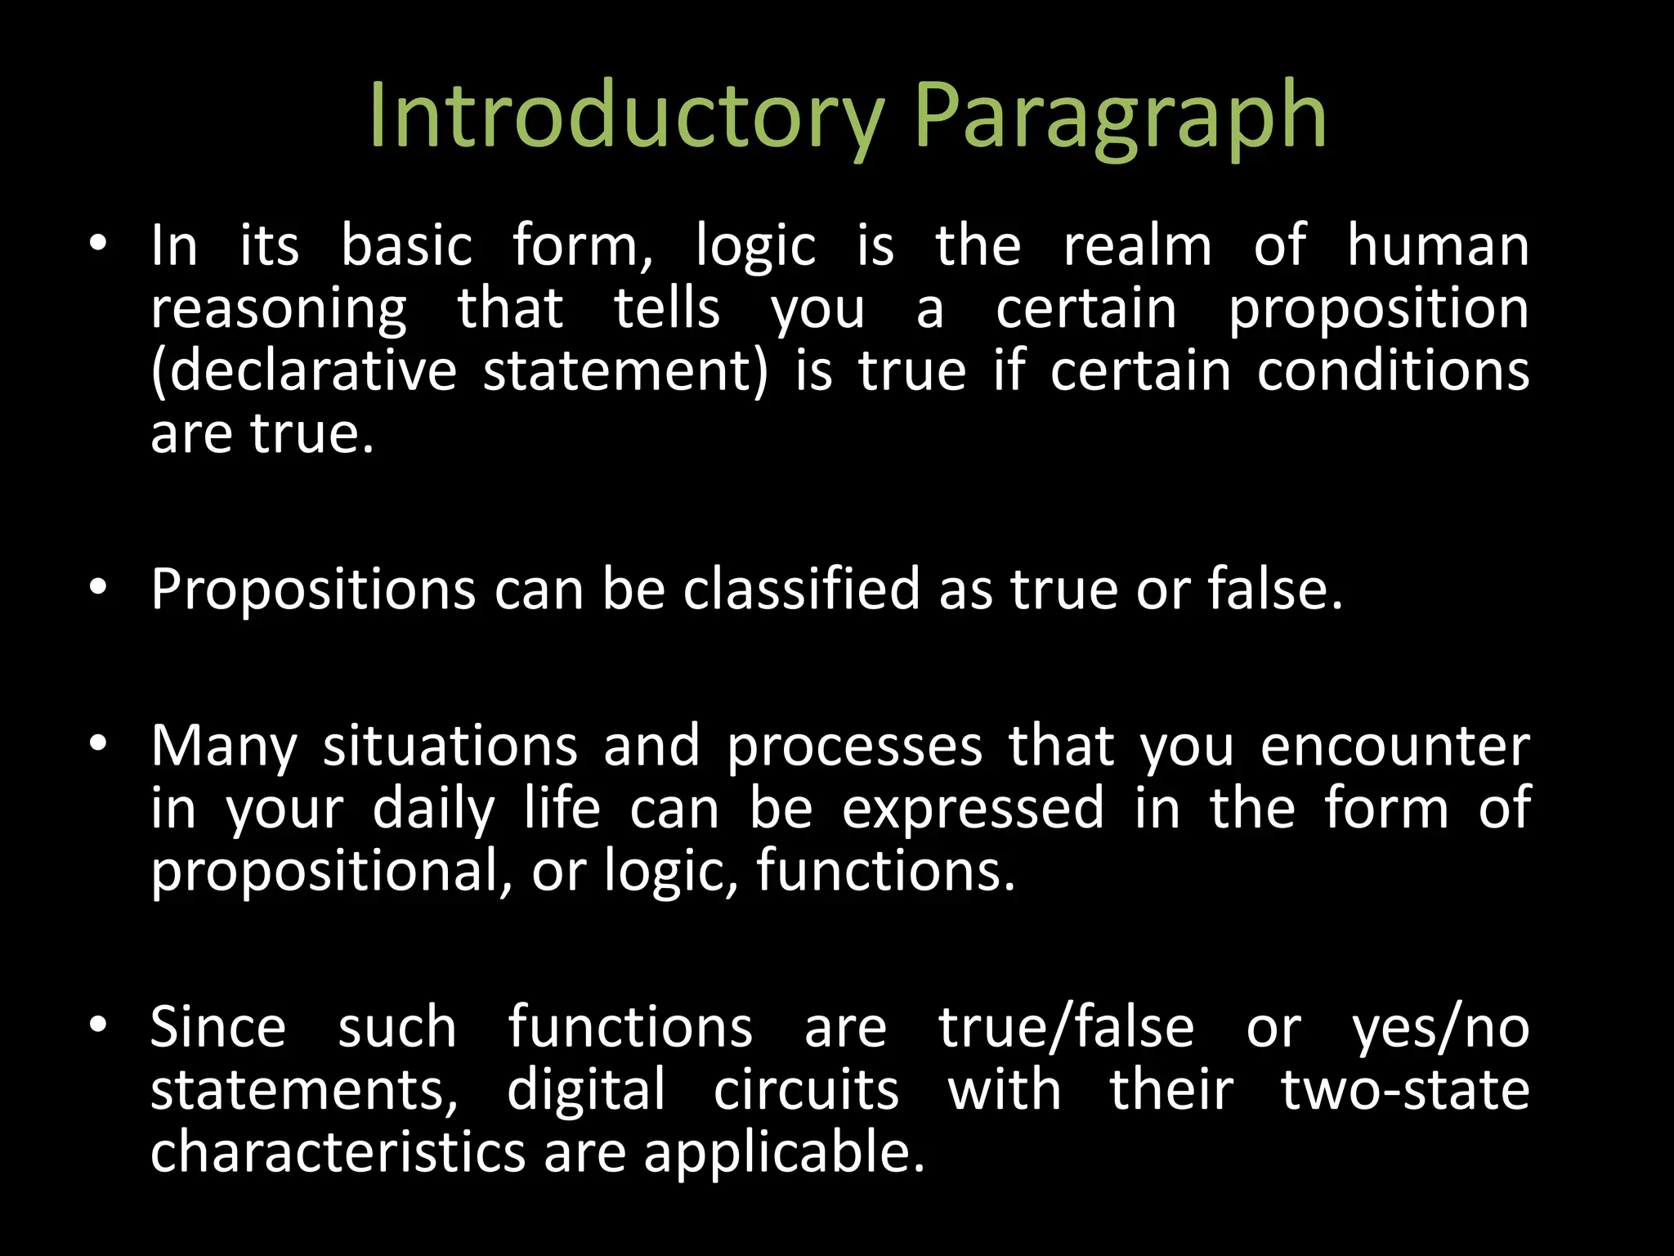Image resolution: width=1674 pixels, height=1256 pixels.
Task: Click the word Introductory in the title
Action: pyautogui.click(x=625, y=116)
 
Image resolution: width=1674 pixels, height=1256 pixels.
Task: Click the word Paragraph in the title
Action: pyautogui.click(x=1119, y=116)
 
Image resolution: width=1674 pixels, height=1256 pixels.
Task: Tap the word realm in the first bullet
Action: pyautogui.click(x=1137, y=246)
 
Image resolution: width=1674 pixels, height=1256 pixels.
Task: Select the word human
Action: pyautogui.click(x=1438, y=246)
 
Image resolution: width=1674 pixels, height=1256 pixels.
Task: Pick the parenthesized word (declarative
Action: pyautogui.click(x=304, y=372)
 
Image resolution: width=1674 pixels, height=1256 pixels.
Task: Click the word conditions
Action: pyautogui.click(x=1393, y=372)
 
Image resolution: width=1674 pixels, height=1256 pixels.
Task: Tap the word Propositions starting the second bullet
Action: pyautogui.click(x=313, y=590)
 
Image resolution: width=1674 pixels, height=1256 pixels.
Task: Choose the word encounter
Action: pyautogui.click(x=1394, y=747)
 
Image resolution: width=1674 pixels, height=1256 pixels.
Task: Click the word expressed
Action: pyautogui.click(x=973, y=810)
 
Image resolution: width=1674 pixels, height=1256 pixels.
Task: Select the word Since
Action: pyautogui.click(x=218, y=1028)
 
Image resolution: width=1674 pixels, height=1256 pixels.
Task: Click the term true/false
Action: pyautogui.click(x=1066, y=1028)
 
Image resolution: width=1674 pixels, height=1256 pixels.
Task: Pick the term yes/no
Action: pyautogui.click(x=1440, y=1028)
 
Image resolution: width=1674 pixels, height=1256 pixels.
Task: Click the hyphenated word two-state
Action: pyautogui.click(x=1404, y=1091)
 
